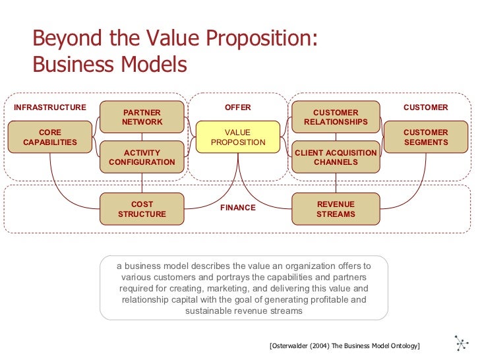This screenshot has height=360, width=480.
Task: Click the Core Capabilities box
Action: [x=49, y=137]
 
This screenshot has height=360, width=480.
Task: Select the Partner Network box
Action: [x=142, y=117]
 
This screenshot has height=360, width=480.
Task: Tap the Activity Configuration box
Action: [x=142, y=157]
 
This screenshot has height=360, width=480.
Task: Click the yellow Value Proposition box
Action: [x=237, y=137]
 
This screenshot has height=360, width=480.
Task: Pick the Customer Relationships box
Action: [x=336, y=117]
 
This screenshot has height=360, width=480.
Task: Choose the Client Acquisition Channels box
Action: [x=336, y=157]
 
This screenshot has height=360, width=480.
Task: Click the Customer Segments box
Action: [x=425, y=137]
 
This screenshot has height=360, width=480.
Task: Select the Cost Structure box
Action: [x=142, y=209]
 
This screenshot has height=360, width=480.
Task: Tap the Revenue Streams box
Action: [x=336, y=209]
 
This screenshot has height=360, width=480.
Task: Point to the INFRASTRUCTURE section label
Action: [x=49, y=107]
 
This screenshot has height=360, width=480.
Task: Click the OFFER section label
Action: [x=237, y=107]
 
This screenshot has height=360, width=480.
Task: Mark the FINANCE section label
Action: [x=237, y=208]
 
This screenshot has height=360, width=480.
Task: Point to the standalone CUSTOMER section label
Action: [x=425, y=107]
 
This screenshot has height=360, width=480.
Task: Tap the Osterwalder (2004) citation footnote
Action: [x=345, y=346]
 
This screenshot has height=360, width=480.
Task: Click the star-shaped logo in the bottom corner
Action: [x=462, y=344]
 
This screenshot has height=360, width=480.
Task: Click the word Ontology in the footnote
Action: [x=402, y=346]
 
